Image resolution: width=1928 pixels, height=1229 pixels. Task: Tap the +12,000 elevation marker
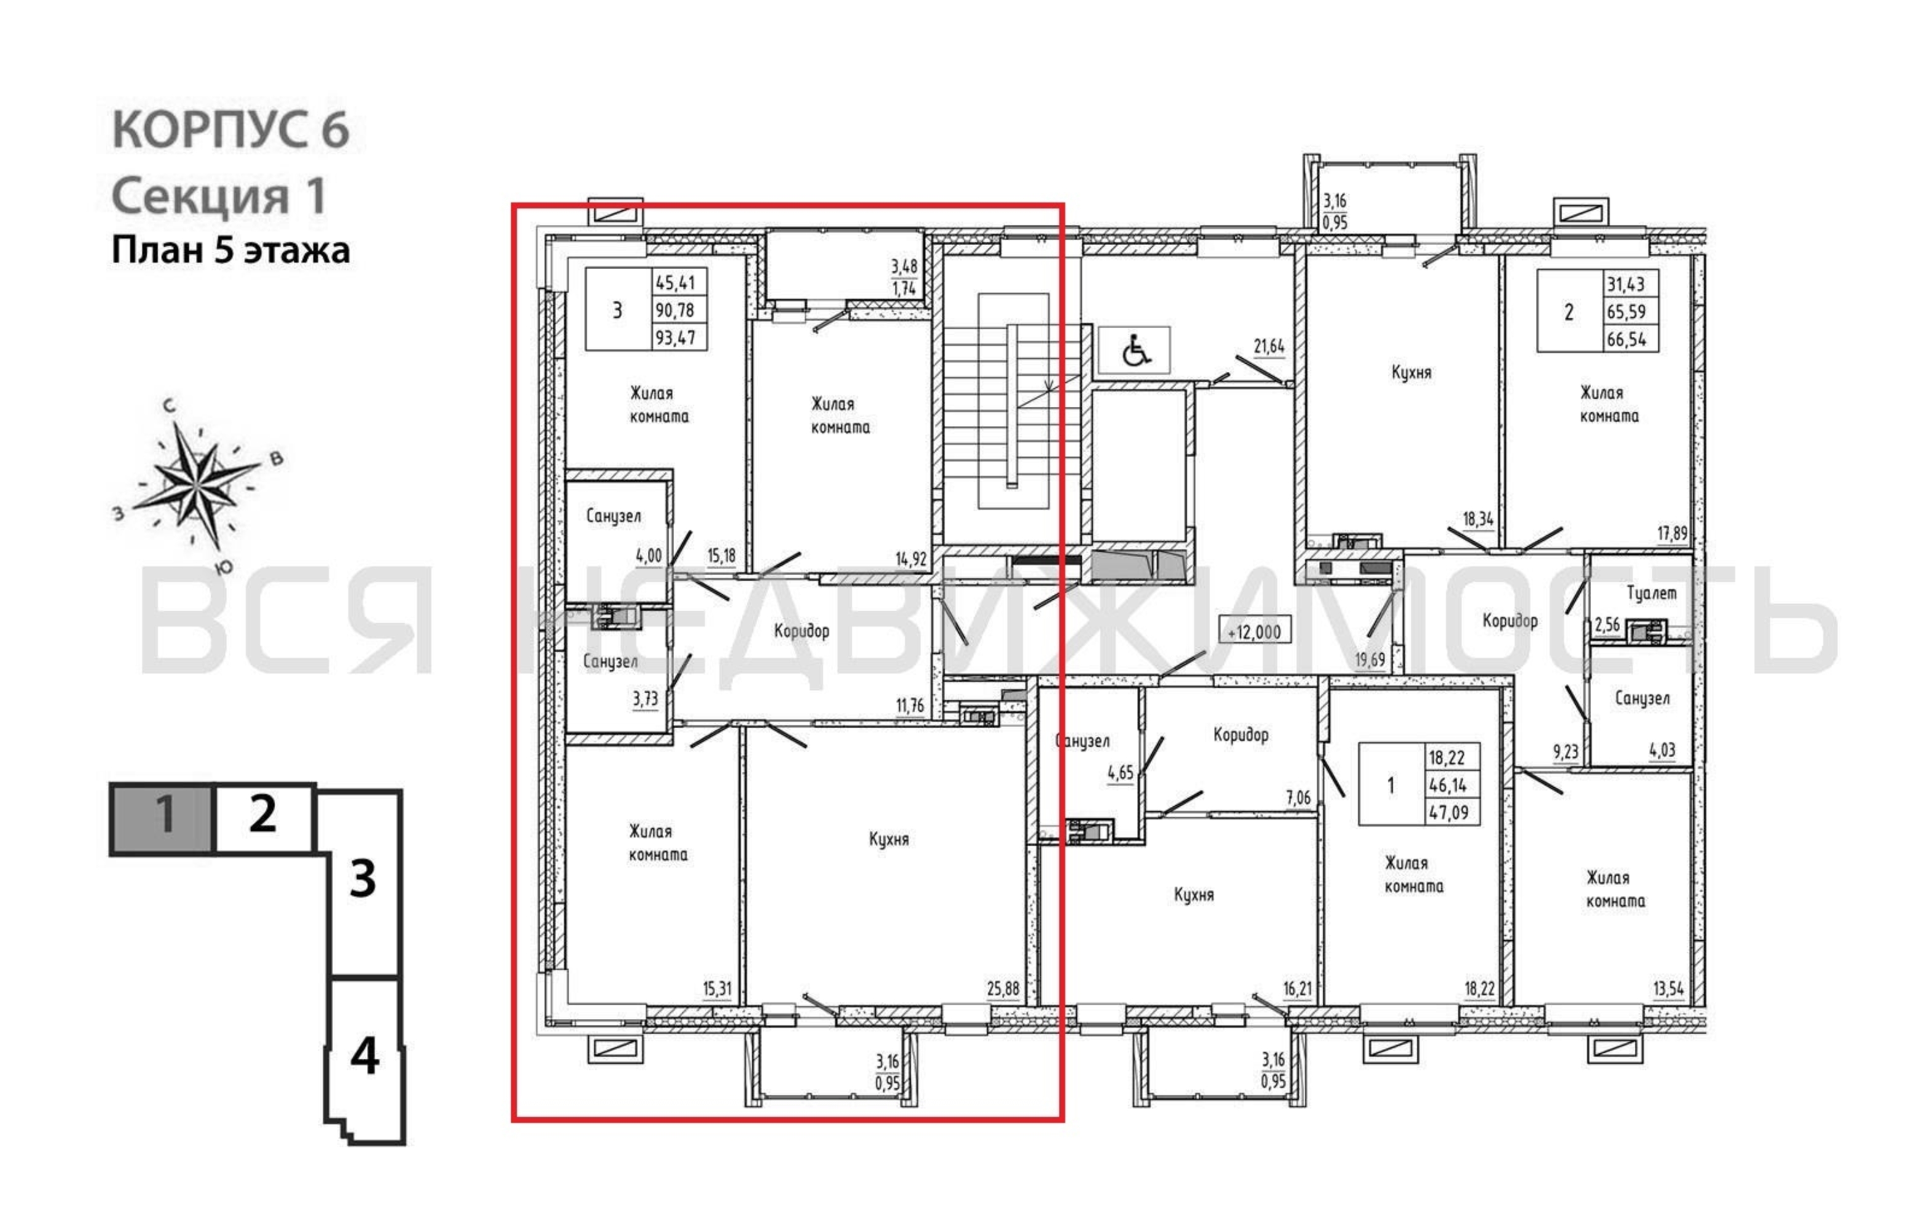tap(1254, 632)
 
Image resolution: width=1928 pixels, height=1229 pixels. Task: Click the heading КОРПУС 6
tap(230, 129)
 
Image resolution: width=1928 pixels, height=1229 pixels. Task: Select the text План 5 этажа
tap(230, 251)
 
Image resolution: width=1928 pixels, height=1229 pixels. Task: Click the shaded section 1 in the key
tap(162, 817)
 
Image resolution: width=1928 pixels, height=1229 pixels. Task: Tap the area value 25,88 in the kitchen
tap(1002, 989)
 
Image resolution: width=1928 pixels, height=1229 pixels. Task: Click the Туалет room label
tap(1651, 593)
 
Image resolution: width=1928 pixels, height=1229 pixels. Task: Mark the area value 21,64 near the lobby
tap(1269, 347)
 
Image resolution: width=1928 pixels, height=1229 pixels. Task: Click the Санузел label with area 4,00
tap(613, 516)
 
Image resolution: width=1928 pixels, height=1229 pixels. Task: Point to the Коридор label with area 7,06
tap(1240, 735)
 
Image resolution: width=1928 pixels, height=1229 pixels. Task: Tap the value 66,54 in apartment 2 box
tap(1626, 339)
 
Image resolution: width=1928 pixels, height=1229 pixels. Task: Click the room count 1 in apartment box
tap(1390, 785)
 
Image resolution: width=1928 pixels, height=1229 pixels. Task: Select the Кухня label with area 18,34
tap(1411, 372)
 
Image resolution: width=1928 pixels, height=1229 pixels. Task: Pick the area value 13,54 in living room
tap(1668, 989)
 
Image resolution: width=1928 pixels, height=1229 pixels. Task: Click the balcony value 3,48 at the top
tap(904, 267)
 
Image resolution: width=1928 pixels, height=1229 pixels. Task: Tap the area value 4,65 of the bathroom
tap(1120, 772)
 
